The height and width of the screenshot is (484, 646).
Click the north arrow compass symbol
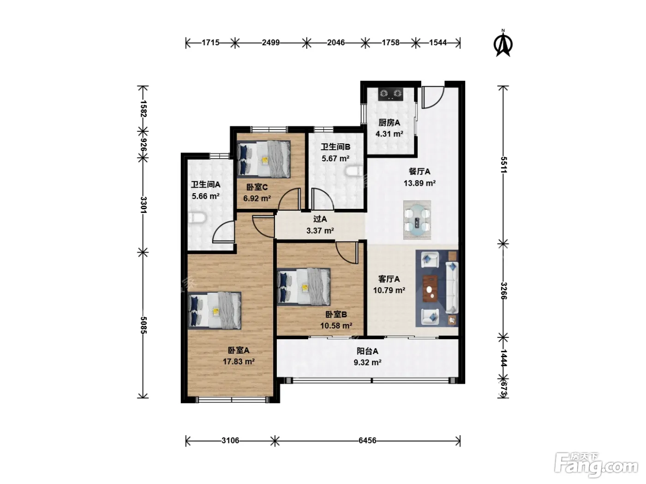click(x=503, y=43)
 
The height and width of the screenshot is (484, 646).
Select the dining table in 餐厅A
click(x=417, y=220)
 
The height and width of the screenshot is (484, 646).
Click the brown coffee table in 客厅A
click(x=430, y=289)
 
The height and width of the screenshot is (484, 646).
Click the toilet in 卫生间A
click(x=196, y=218)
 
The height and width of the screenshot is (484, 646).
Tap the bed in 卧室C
click(x=263, y=159)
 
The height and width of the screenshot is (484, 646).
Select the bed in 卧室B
click(x=304, y=287)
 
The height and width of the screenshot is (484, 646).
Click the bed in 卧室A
click(x=215, y=311)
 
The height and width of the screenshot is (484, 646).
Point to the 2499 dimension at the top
click(x=271, y=42)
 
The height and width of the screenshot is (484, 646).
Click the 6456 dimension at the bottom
click(x=367, y=441)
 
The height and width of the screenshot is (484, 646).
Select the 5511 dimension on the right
click(x=504, y=165)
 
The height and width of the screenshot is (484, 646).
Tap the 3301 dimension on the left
click(x=144, y=205)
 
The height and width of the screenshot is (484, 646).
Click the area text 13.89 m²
click(x=419, y=183)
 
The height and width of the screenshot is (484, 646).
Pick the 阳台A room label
click(x=367, y=351)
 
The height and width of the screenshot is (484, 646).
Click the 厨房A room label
click(x=389, y=123)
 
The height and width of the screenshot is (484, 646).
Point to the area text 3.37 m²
click(x=320, y=230)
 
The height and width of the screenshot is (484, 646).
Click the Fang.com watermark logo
click(x=596, y=466)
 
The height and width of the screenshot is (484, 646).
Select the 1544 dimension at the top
click(x=437, y=42)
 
